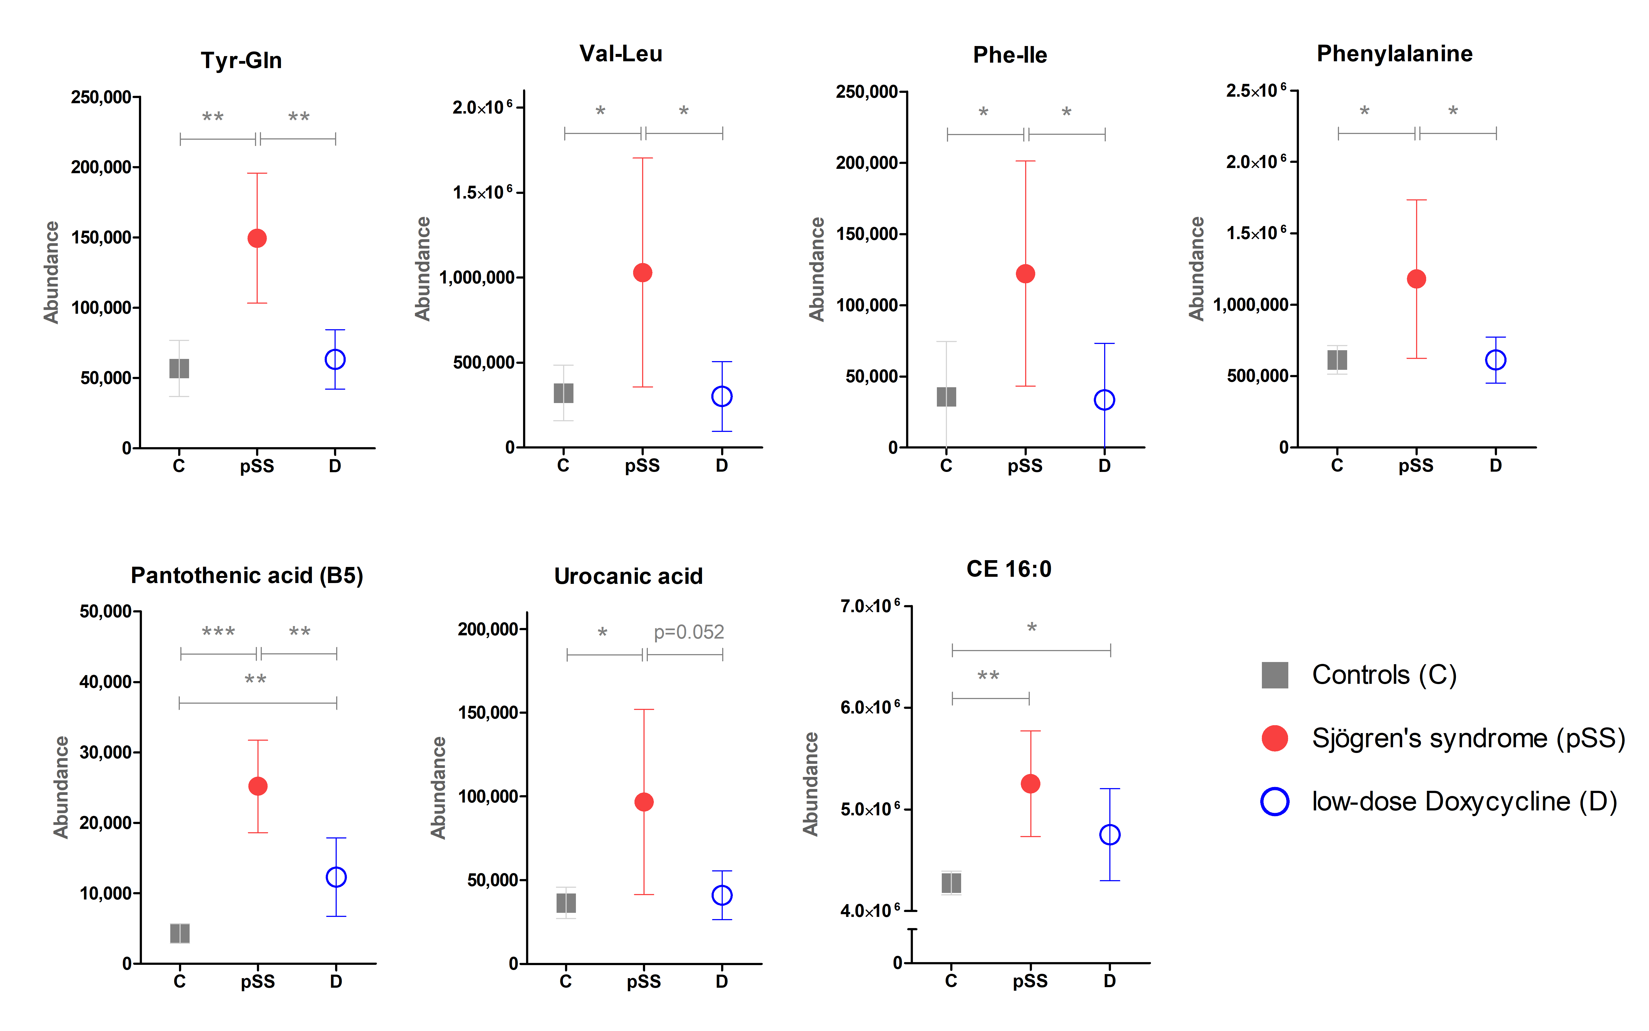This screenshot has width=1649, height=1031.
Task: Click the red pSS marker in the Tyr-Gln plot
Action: click(x=257, y=238)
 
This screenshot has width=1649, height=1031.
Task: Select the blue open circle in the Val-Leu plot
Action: click(x=722, y=396)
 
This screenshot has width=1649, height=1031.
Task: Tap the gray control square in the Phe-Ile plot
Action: click(x=946, y=397)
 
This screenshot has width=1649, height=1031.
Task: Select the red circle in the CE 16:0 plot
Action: click(x=1030, y=783)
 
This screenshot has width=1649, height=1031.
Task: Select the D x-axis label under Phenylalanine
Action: click(x=1496, y=466)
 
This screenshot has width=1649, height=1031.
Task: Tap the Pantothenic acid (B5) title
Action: click(x=247, y=575)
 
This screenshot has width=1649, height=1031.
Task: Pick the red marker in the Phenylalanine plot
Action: click(x=1416, y=279)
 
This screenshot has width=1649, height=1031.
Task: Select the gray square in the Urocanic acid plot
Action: click(x=566, y=904)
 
